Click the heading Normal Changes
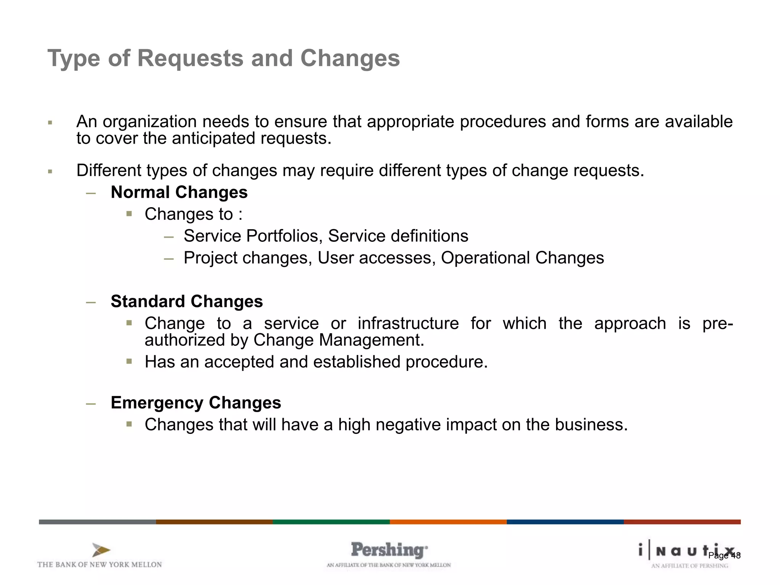(179, 192)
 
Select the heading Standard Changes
(187, 302)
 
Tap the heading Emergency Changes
(196, 403)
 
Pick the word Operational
(485, 258)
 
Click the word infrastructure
(408, 324)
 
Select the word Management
(371, 340)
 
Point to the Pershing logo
(388, 550)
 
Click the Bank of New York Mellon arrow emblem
(101, 550)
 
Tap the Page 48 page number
(724, 556)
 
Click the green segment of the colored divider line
(331, 522)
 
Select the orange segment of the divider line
(448, 522)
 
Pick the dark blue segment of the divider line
(565, 522)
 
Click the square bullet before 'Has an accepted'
(129, 361)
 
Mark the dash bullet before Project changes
(169, 259)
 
